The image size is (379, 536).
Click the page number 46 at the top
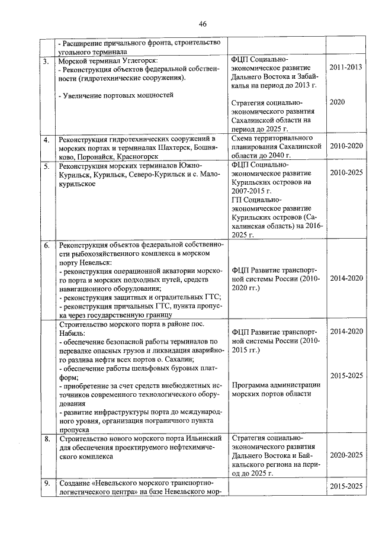click(203, 24)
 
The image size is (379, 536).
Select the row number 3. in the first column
click(46, 62)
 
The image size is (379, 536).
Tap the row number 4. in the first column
click(46, 140)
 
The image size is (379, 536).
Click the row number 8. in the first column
click(46, 439)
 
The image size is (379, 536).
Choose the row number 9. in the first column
click(46, 485)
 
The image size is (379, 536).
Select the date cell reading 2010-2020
click(346, 146)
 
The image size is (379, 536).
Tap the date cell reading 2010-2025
click(346, 172)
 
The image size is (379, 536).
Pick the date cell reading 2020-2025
click(346, 456)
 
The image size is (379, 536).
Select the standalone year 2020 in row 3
click(338, 102)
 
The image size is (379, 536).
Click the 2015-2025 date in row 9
click(346, 486)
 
